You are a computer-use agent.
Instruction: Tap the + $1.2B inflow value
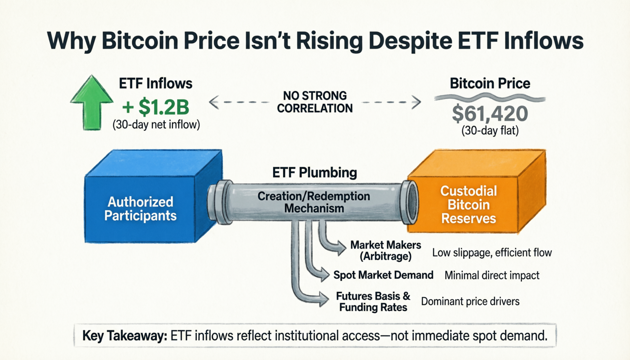156,107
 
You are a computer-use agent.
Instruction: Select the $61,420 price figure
490,114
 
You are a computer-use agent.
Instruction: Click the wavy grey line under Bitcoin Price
490,97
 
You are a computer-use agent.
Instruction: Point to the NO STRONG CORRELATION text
315,102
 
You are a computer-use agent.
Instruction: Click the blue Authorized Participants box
140,209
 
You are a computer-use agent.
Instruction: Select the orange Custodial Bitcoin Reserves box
468,204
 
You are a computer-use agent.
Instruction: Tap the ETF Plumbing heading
314,173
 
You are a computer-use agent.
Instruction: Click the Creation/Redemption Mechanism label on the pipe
314,202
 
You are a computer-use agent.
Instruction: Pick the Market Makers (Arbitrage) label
386,250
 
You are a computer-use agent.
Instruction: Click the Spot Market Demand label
383,275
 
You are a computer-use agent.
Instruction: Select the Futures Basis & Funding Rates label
373,302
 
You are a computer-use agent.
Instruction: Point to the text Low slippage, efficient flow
492,253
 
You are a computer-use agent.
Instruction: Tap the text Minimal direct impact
492,275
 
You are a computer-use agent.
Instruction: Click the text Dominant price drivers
470,301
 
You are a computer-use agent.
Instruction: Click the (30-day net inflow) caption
156,125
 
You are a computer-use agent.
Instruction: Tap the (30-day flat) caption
490,131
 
